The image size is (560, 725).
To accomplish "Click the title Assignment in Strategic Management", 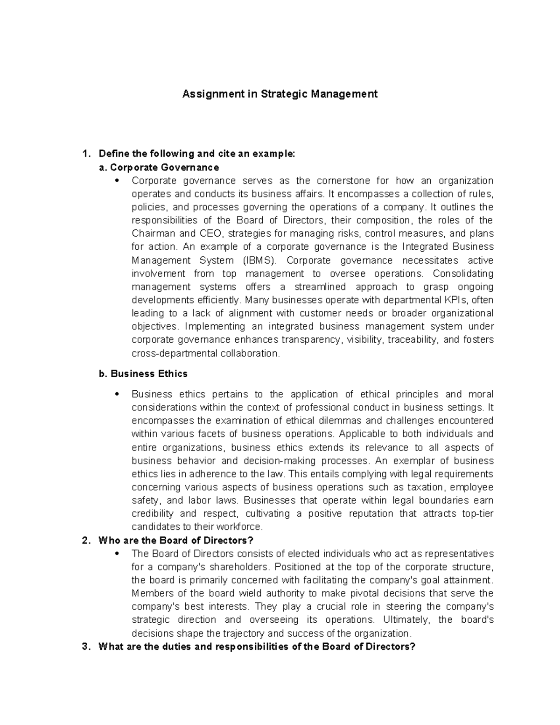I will pyautogui.click(x=280, y=94).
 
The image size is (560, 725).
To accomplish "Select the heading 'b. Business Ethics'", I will pyautogui.click(x=143, y=373).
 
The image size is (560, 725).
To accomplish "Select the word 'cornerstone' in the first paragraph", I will pyautogui.click(x=343, y=181).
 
